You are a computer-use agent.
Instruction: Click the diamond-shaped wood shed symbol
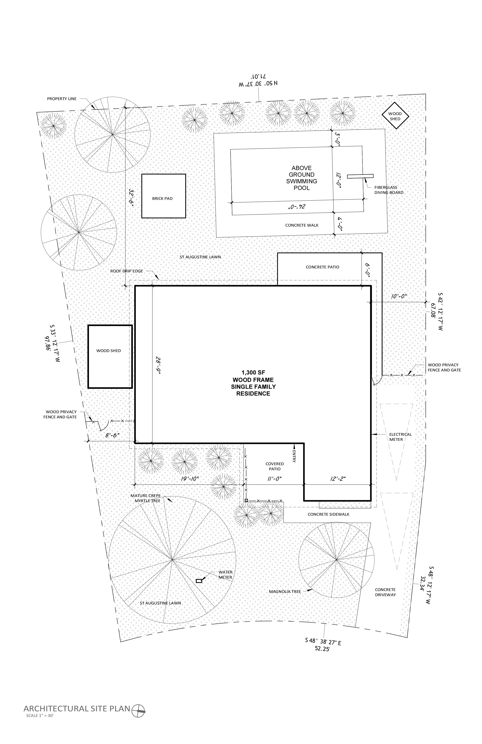click(x=395, y=116)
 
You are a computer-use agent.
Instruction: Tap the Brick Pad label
click(x=162, y=198)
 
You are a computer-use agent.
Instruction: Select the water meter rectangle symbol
click(x=199, y=581)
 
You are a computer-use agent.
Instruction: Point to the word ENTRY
click(x=294, y=456)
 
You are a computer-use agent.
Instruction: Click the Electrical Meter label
click(x=400, y=437)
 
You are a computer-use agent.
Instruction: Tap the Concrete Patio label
click(x=322, y=267)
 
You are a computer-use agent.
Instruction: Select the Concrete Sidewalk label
click(x=328, y=514)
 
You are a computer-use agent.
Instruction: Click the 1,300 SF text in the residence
click(x=253, y=373)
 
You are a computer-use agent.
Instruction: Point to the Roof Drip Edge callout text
click(x=126, y=271)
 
